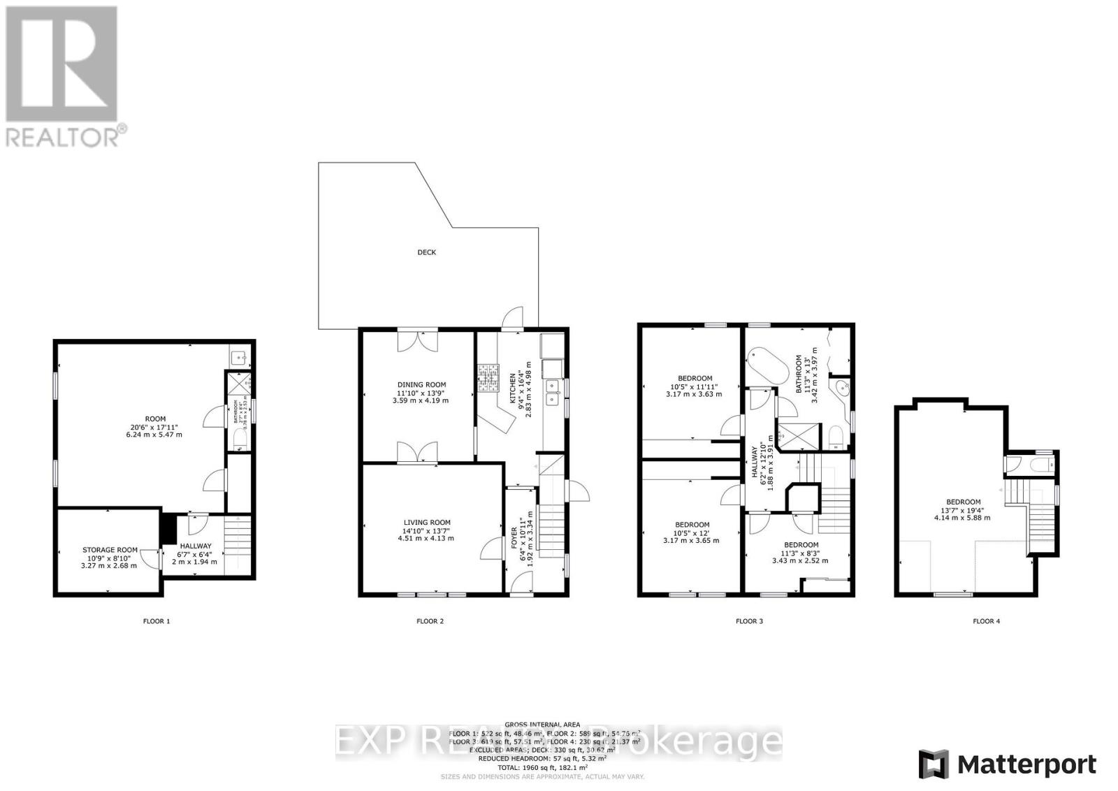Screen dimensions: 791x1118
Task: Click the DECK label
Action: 426,252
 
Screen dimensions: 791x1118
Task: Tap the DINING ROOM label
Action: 421,384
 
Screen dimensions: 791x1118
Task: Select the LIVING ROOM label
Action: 426,523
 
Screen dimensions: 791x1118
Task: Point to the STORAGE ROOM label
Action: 110,550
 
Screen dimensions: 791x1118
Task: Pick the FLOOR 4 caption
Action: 986,621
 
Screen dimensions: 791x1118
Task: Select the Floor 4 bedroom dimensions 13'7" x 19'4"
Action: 964,510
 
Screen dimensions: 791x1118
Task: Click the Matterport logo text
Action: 1026,764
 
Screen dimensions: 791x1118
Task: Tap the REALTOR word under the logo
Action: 63,136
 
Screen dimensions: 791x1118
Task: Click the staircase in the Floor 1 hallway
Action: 236,544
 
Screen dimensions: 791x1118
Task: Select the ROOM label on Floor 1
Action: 155,419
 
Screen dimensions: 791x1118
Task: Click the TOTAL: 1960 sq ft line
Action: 542,767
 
